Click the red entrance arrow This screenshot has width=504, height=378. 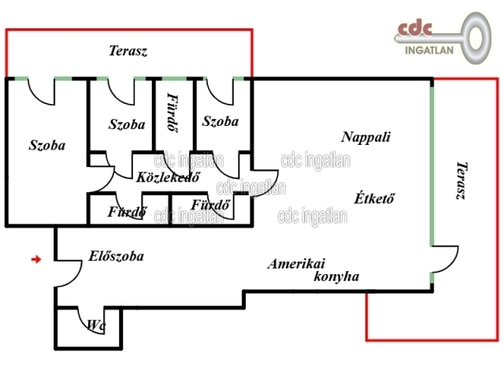[x=36, y=259]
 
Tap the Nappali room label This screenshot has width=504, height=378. [x=365, y=137]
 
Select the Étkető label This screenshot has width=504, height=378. [x=374, y=198]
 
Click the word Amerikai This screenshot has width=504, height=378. [x=296, y=264]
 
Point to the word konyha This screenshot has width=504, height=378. [x=336, y=276]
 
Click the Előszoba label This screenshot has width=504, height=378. [x=116, y=256]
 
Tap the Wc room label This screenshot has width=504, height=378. [x=96, y=325]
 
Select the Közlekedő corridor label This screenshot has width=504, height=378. [x=168, y=176]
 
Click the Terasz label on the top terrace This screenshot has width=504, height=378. [x=128, y=50]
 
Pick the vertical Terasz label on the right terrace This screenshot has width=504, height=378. [x=462, y=180]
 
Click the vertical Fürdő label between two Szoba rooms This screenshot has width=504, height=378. [x=173, y=113]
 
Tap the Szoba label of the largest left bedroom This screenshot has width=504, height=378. [x=47, y=145]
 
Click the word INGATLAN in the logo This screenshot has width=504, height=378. [x=429, y=50]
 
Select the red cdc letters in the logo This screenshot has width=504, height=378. [x=415, y=28]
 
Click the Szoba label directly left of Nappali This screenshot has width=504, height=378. [x=220, y=121]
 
